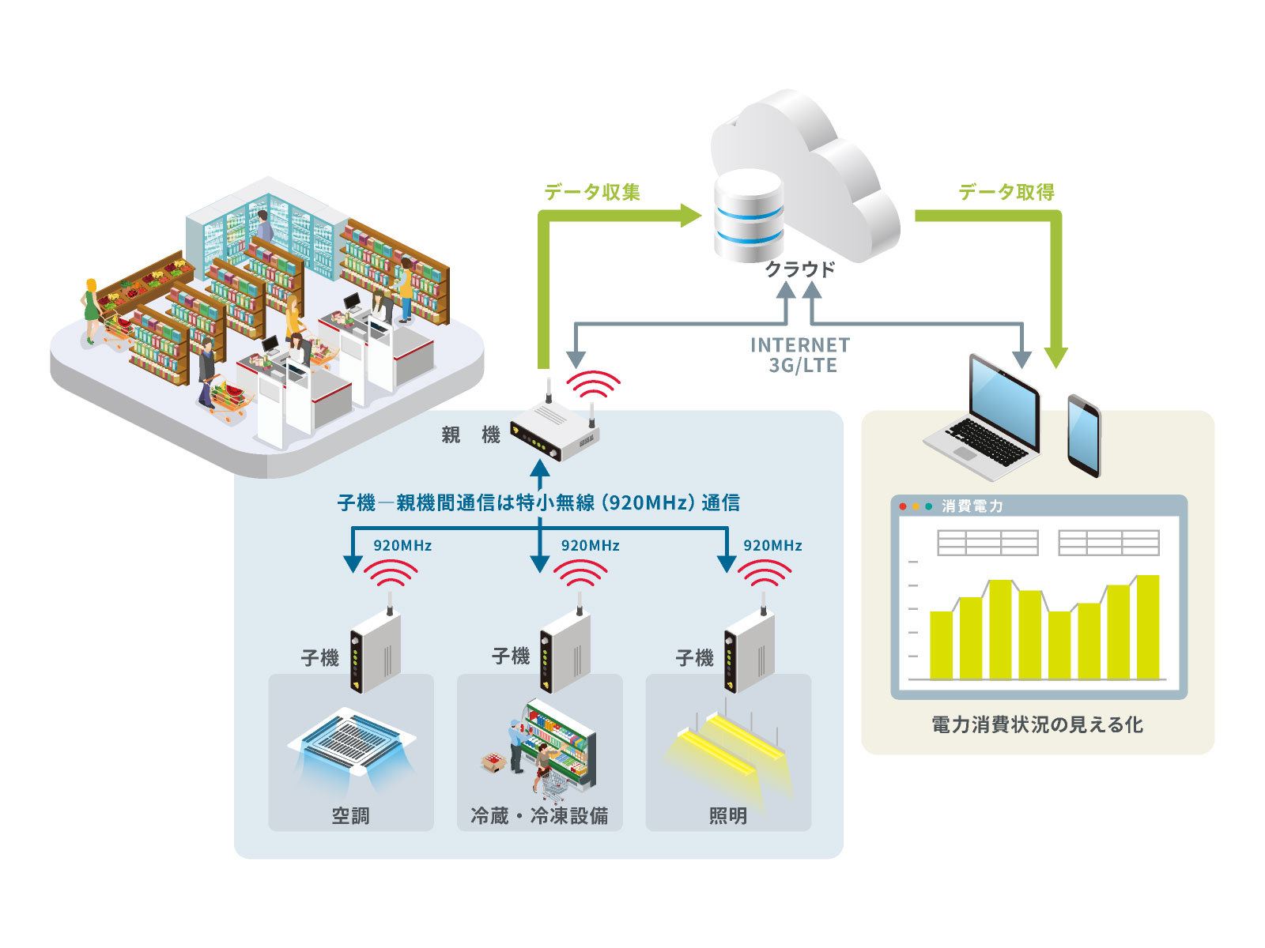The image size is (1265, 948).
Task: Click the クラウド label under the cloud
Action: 799,269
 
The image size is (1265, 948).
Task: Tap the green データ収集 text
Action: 592,192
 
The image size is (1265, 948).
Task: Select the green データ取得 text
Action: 1006,192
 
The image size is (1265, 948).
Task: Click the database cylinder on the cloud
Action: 748,216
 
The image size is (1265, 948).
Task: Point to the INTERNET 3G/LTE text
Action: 800,355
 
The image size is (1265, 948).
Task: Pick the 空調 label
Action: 350,815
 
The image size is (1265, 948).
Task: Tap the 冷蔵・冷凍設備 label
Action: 539,815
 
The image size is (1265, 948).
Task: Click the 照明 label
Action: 728,815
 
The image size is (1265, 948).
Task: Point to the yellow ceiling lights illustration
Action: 731,747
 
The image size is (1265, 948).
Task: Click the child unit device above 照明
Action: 749,653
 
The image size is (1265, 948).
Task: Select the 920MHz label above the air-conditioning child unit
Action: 402,546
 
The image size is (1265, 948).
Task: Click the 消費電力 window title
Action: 972,506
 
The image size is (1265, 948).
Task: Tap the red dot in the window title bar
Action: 903,506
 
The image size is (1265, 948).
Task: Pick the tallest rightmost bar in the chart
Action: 1147,626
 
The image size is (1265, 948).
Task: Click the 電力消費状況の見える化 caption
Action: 1037,724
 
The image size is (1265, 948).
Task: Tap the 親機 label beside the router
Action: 470,435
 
